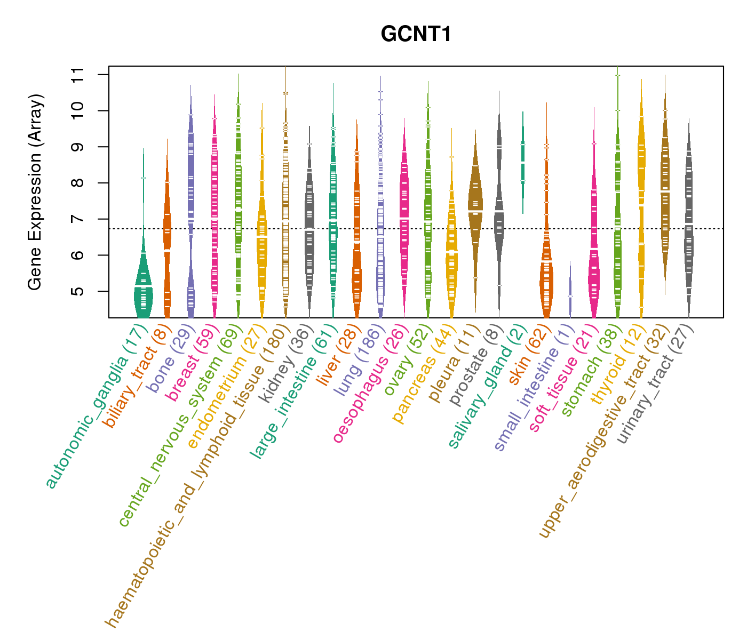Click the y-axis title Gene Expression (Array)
35,192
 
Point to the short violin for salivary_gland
523,160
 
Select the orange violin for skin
546,277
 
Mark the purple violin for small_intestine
570,293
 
